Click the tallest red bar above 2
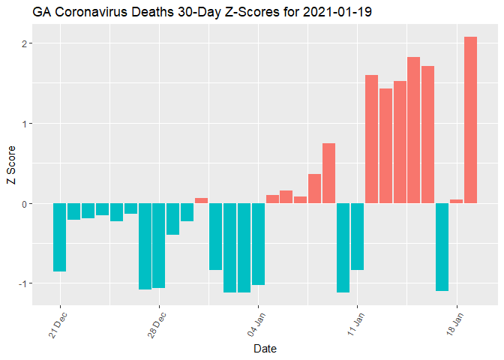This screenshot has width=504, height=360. [470, 120]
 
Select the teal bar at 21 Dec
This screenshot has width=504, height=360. [60, 237]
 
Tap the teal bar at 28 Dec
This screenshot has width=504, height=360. [159, 245]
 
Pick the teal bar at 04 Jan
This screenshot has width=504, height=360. [258, 244]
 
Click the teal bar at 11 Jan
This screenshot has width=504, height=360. [357, 236]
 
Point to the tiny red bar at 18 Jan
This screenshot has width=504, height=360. [456, 201]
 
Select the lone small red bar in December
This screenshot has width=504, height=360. [201, 200]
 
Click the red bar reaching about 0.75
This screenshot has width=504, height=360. [328, 173]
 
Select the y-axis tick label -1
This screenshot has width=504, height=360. [22, 283]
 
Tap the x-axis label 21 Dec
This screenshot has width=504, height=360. [58, 323]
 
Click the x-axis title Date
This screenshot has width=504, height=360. [265, 349]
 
